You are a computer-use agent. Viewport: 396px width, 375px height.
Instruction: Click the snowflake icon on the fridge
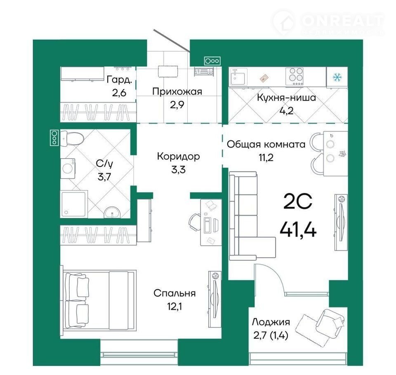[x=337, y=77]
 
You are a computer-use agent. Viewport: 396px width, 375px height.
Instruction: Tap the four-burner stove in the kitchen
[x=294, y=77]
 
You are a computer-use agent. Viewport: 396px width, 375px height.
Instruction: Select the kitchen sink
[x=238, y=77]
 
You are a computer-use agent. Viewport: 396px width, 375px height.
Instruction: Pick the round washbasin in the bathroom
[x=112, y=212]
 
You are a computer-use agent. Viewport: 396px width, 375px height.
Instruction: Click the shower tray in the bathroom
[x=74, y=204]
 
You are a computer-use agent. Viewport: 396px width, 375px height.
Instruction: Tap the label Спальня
[x=174, y=293]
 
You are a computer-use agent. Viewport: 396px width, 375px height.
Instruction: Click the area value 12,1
[x=174, y=306]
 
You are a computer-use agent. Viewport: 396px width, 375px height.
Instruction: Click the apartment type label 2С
[x=298, y=202]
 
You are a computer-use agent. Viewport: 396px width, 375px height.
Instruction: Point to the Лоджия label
[x=271, y=322]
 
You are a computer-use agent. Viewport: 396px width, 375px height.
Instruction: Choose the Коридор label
[x=178, y=156]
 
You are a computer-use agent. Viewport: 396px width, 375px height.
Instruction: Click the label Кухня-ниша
[x=286, y=97]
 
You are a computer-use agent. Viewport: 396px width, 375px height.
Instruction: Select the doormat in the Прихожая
[x=168, y=72]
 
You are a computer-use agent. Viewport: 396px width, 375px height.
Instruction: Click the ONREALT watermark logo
[x=329, y=23]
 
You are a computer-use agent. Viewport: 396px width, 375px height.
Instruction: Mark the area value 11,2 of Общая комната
[x=266, y=157]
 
